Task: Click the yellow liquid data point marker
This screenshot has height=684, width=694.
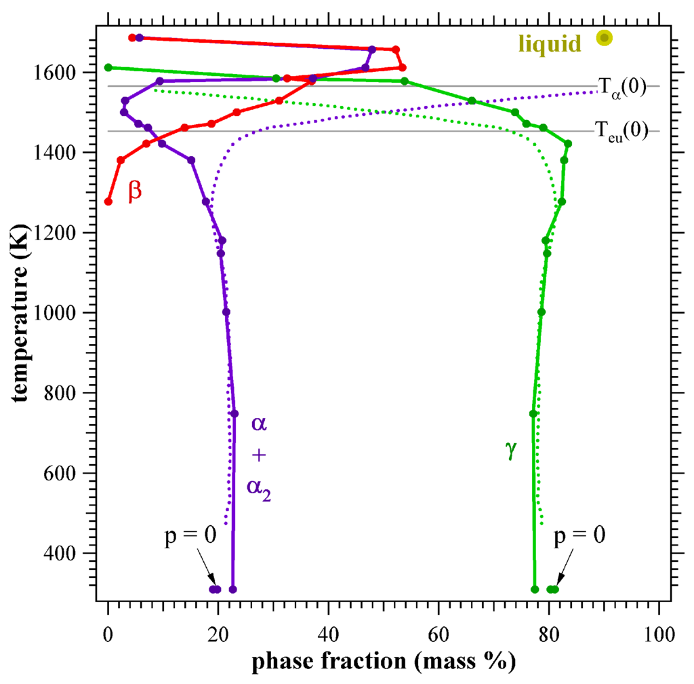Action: (x=604, y=38)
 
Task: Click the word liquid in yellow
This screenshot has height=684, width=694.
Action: (x=550, y=44)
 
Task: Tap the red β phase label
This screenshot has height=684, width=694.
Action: (x=135, y=191)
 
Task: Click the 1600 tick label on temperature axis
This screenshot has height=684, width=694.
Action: (x=67, y=73)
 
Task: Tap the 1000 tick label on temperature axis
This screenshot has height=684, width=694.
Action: (x=67, y=313)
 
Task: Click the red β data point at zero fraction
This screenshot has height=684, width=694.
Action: (x=108, y=202)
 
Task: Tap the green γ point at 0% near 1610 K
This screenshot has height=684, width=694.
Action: (x=108, y=67)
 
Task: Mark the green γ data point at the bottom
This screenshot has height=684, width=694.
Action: (x=535, y=589)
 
